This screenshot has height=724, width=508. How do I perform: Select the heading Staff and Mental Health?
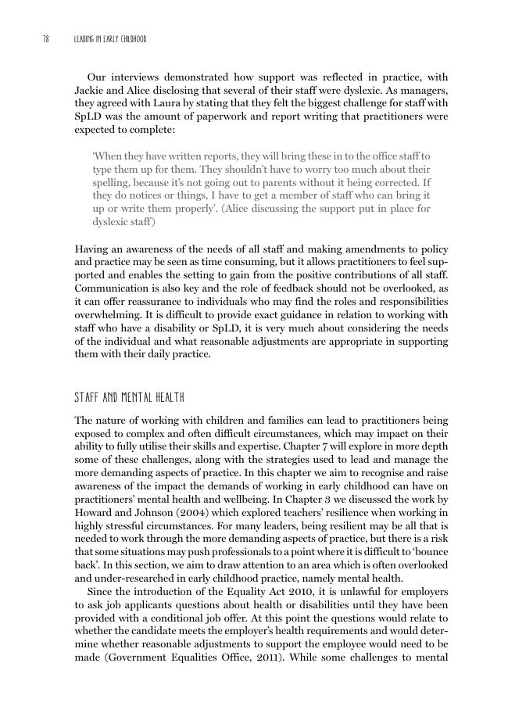(129, 397)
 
